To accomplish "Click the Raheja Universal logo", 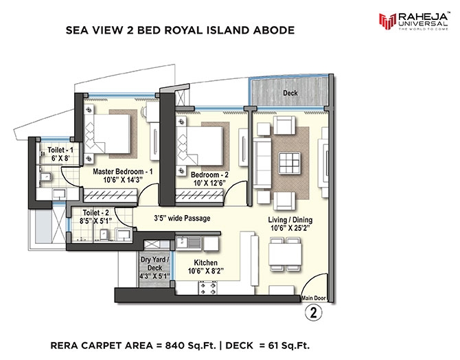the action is pyautogui.click(x=413, y=21).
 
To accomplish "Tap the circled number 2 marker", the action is pyautogui.click(x=314, y=313).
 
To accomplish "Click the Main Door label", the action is pyautogui.click(x=314, y=298).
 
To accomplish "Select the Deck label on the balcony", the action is pyautogui.click(x=290, y=93).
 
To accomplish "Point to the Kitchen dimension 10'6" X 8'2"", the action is pyautogui.click(x=206, y=271).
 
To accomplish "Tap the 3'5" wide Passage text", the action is pyautogui.click(x=182, y=218).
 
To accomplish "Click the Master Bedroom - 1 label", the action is pyautogui.click(x=123, y=172).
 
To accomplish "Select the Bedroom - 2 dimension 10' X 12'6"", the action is pyautogui.click(x=209, y=183).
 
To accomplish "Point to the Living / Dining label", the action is pyautogui.click(x=290, y=220).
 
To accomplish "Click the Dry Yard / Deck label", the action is pyautogui.click(x=154, y=264).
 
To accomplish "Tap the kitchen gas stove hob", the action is pyautogui.click(x=208, y=288).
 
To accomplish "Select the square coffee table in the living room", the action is pyautogui.click(x=290, y=164).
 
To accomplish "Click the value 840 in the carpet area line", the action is pyautogui.click(x=175, y=346).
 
